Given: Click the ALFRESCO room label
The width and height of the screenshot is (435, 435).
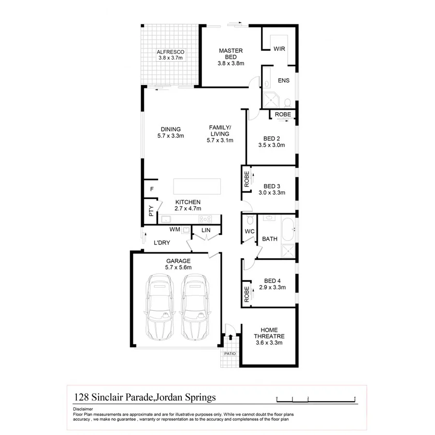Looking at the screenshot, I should tap(171, 52).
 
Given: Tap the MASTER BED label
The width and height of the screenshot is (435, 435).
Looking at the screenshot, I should tap(231, 54).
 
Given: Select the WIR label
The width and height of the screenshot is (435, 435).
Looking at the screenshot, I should tap(279, 49).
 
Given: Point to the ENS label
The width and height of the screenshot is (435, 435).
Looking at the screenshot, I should tap(284, 81).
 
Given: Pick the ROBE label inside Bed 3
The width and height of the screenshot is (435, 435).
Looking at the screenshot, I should tap(246, 179).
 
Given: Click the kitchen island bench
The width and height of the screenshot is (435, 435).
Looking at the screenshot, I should tap(198, 186).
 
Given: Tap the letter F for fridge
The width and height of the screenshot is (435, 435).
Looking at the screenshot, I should tap(152, 189).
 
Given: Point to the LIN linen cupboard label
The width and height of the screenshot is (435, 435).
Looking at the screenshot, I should tap(205, 231).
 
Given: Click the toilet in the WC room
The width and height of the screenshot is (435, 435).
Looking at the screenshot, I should tap(249, 221).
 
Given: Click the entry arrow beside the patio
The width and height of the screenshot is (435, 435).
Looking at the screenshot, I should tap(231, 337).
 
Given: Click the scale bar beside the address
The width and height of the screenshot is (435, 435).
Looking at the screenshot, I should tap(316, 398).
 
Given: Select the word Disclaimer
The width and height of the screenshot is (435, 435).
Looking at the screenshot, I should tap(83, 408).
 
